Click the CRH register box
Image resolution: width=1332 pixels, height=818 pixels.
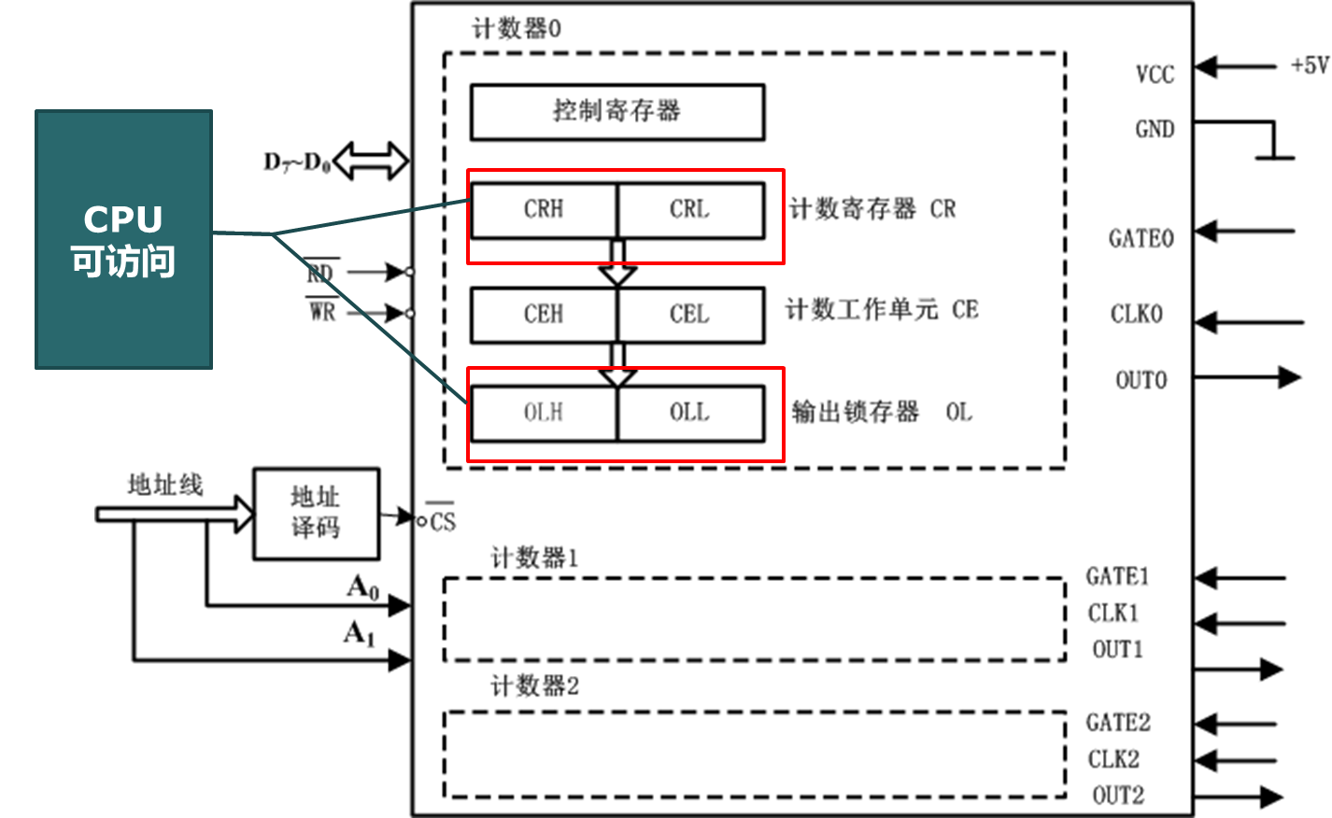(x=544, y=209)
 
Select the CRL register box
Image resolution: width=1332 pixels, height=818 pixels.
(x=690, y=209)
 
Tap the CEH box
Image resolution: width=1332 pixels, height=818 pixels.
(x=544, y=315)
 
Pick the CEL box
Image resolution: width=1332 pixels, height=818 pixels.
(x=690, y=315)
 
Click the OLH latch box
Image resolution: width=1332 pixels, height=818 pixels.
(x=544, y=413)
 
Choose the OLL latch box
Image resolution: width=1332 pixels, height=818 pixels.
(x=690, y=413)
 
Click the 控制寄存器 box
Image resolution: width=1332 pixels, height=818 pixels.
(x=616, y=112)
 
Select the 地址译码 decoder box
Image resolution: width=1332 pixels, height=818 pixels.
(x=316, y=514)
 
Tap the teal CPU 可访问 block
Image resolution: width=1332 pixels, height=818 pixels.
(x=123, y=239)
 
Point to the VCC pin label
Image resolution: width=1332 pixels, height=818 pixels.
(x=1155, y=75)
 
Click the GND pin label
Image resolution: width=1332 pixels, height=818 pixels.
(x=1155, y=129)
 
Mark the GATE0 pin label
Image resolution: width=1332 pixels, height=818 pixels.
(x=1141, y=239)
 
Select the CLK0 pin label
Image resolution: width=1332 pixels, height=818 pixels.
(x=1136, y=314)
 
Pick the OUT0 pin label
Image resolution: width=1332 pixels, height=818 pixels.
(x=1141, y=380)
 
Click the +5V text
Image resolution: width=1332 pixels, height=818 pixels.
(x=1309, y=65)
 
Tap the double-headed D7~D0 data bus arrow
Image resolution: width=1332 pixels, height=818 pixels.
(x=371, y=161)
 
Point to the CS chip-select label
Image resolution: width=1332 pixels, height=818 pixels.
(x=443, y=521)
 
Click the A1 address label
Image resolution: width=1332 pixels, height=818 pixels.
(x=360, y=634)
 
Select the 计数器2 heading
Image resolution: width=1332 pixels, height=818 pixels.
(x=534, y=686)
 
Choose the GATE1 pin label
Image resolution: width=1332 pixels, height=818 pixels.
(x=1117, y=576)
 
